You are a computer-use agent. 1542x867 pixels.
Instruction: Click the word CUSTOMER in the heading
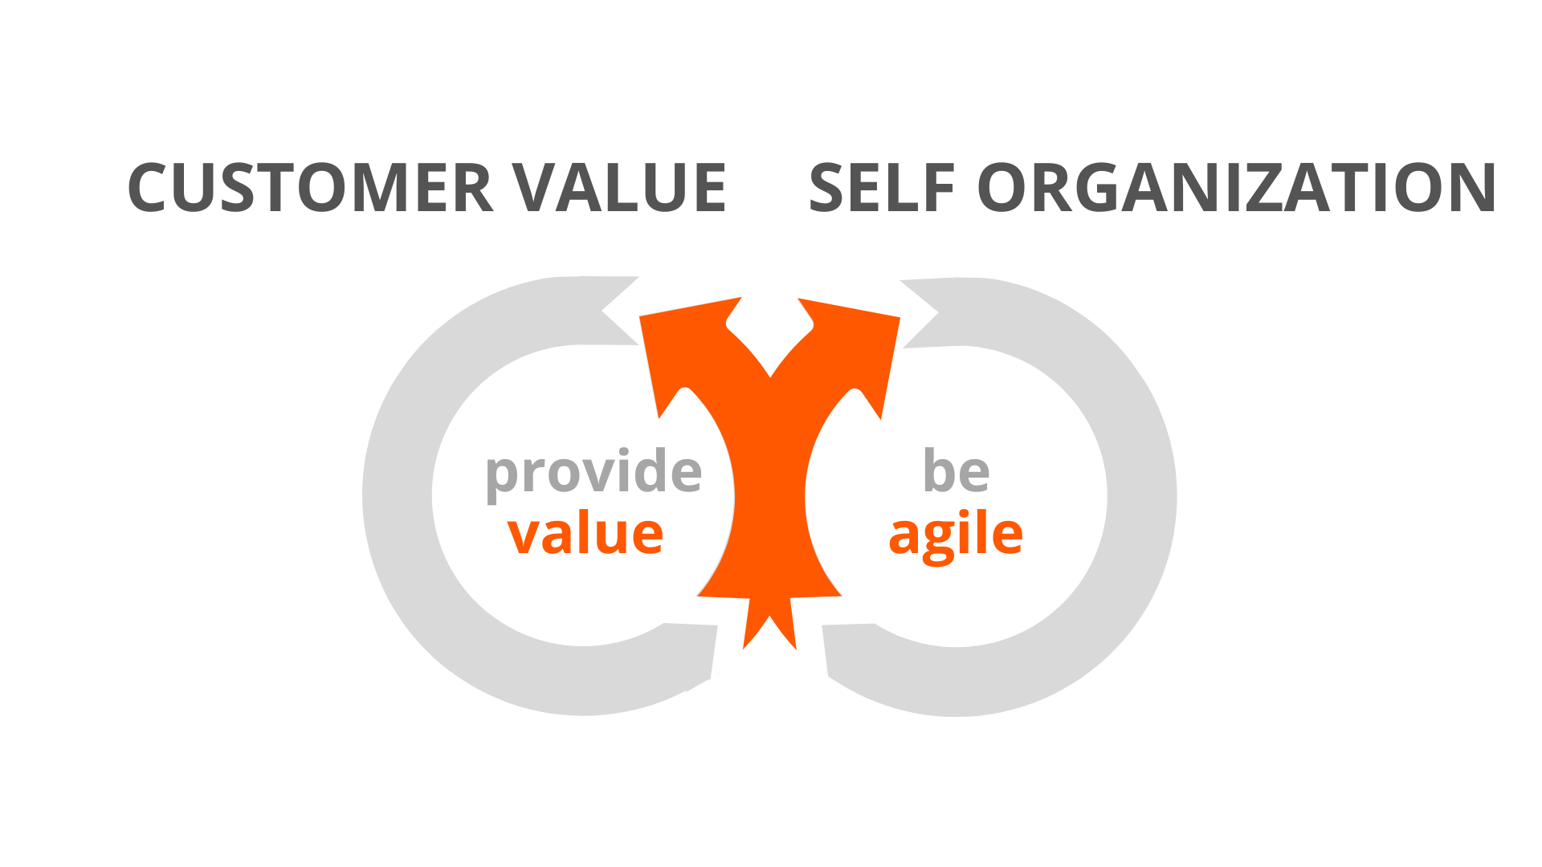click(310, 188)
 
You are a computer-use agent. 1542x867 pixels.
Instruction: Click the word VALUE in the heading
click(619, 188)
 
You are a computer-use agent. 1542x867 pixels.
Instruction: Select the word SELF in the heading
click(881, 188)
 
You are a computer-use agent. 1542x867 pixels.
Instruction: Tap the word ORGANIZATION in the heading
click(1236, 188)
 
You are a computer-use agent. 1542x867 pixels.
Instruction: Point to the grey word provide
click(594, 474)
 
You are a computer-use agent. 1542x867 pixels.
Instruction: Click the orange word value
click(585, 533)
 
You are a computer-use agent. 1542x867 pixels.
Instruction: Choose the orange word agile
click(956, 536)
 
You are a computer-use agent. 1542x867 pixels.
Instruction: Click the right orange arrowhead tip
click(899, 318)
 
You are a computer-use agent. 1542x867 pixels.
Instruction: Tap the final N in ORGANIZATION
click(1472, 188)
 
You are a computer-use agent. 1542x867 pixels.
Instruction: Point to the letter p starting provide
click(504, 479)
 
